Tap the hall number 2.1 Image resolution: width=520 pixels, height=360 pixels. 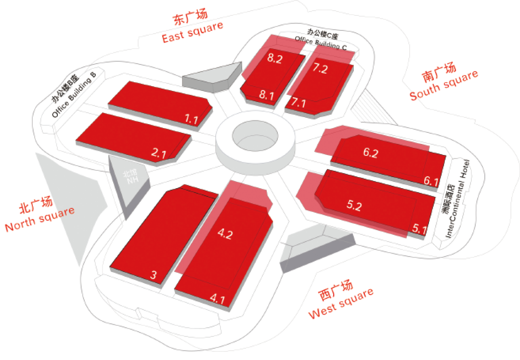158,154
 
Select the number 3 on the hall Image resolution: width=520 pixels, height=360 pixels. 153,275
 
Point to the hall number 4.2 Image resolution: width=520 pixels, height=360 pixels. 225,234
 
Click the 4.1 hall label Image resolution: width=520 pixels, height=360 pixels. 217,299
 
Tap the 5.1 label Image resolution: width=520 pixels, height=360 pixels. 419,230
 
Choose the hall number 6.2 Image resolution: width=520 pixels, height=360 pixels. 370,153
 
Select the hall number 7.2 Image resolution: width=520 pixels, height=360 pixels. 320,69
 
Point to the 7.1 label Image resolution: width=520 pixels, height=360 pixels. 299,103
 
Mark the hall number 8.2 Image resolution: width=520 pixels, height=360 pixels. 274,59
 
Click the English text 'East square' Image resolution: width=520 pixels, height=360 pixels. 193,32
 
